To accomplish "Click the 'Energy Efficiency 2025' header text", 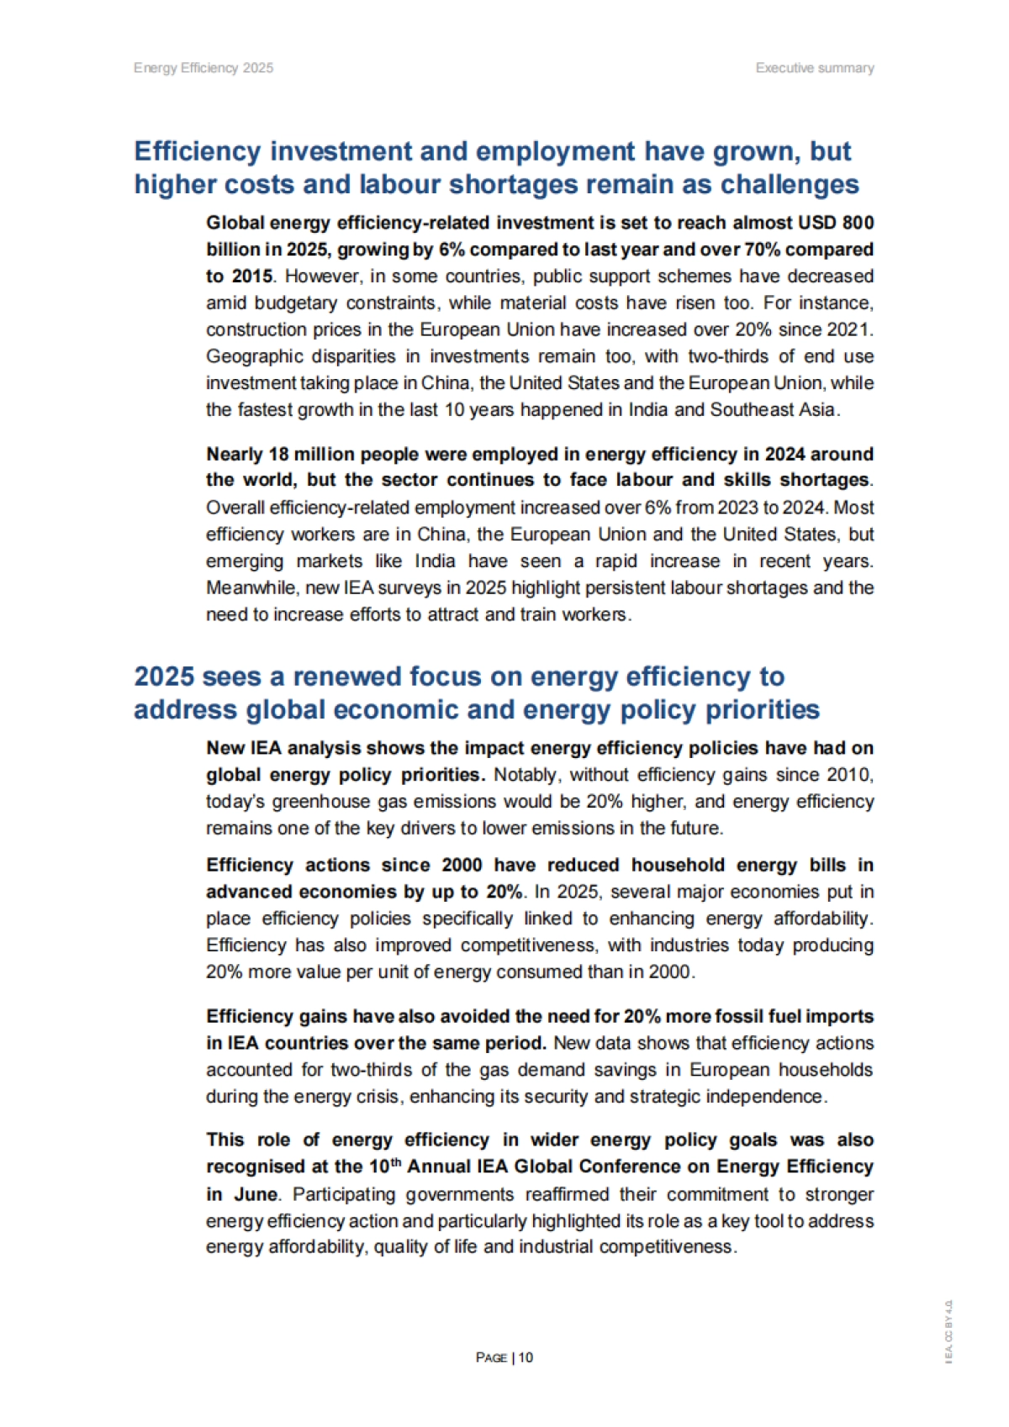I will [x=203, y=68].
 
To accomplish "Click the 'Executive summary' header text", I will [x=814, y=68].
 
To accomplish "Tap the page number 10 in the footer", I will [x=526, y=1357].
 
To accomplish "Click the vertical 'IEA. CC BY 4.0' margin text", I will [x=948, y=1332].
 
